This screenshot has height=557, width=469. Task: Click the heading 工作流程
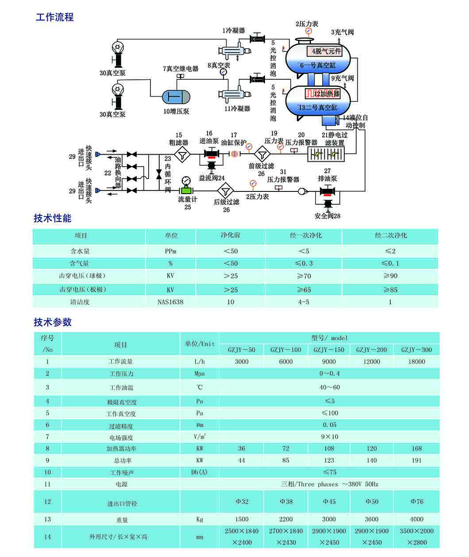pyautogui.click(x=54, y=18)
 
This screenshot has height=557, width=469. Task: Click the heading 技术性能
pyautogui.click(x=52, y=218)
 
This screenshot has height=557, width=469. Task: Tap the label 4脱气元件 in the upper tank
pyautogui.click(x=327, y=51)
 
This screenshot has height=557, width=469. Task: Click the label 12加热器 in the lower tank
pyautogui.click(x=327, y=94)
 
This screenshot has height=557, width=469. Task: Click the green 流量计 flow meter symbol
pyautogui.click(x=186, y=190)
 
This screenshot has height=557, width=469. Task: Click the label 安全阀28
pyautogui.click(x=327, y=216)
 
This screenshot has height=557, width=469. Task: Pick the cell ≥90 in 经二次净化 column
pyautogui.click(x=390, y=276)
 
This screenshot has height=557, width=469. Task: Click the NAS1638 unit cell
pyautogui.click(x=170, y=302)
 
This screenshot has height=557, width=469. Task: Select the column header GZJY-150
pyautogui.click(x=329, y=350)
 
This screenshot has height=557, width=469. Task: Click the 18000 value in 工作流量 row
pyautogui.click(x=416, y=362)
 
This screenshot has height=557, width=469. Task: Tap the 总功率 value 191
pyautogui.click(x=416, y=460)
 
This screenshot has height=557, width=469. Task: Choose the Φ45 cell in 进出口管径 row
pyautogui.click(x=329, y=502)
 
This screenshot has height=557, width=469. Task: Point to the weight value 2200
pyautogui.click(x=286, y=519)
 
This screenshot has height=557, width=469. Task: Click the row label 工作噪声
pyautogui.click(x=121, y=473)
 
